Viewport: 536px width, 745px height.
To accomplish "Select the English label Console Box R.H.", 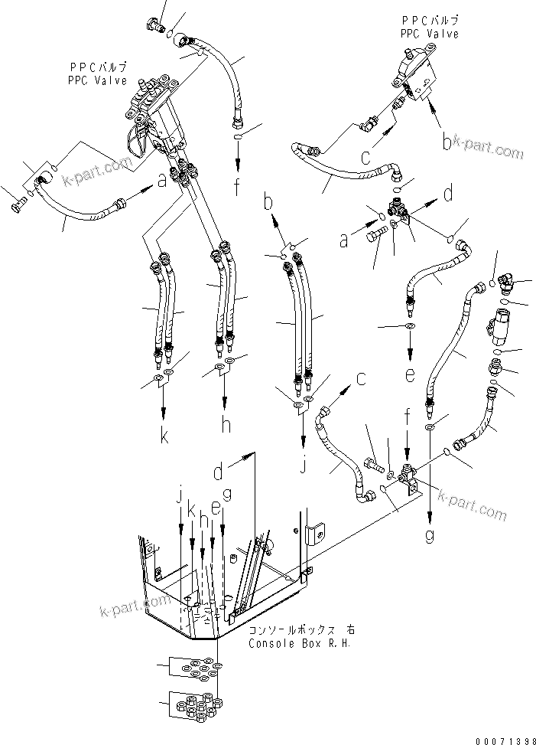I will pos(299,643).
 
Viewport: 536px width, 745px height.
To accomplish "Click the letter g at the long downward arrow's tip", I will pos(430,536).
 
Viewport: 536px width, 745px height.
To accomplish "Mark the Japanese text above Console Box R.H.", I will pos(301,629).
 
